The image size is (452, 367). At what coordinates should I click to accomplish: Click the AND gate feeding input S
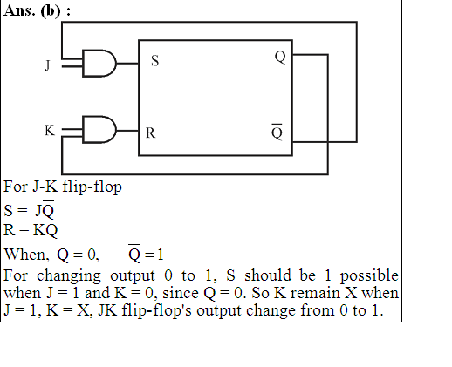tap(99, 64)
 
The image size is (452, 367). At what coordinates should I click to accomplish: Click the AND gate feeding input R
tap(99, 130)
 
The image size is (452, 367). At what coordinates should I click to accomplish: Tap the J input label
tap(47, 65)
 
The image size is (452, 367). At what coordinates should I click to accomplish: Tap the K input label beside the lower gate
tap(50, 130)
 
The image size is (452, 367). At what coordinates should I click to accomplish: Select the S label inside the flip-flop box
tap(155, 61)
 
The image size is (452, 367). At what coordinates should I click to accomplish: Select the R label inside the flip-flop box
tap(150, 133)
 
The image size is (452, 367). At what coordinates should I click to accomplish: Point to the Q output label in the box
tap(280, 57)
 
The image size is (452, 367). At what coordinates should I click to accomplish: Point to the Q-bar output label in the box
tap(277, 132)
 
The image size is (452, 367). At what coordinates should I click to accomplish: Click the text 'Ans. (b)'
tap(32, 11)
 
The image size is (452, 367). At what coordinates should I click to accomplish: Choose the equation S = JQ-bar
tap(29, 209)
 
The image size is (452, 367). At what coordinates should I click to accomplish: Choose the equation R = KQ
tap(31, 230)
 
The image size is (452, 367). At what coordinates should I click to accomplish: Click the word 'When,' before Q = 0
tap(26, 255)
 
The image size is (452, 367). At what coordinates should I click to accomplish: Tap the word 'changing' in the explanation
tap(69, 275)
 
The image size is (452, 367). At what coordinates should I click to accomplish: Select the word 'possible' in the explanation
tap(369, 275)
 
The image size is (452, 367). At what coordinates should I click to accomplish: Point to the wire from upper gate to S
tap(127, 63)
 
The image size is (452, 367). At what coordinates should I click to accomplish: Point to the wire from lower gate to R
tap(127, 131)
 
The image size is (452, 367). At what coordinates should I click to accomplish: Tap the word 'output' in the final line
tap(219, 311)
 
